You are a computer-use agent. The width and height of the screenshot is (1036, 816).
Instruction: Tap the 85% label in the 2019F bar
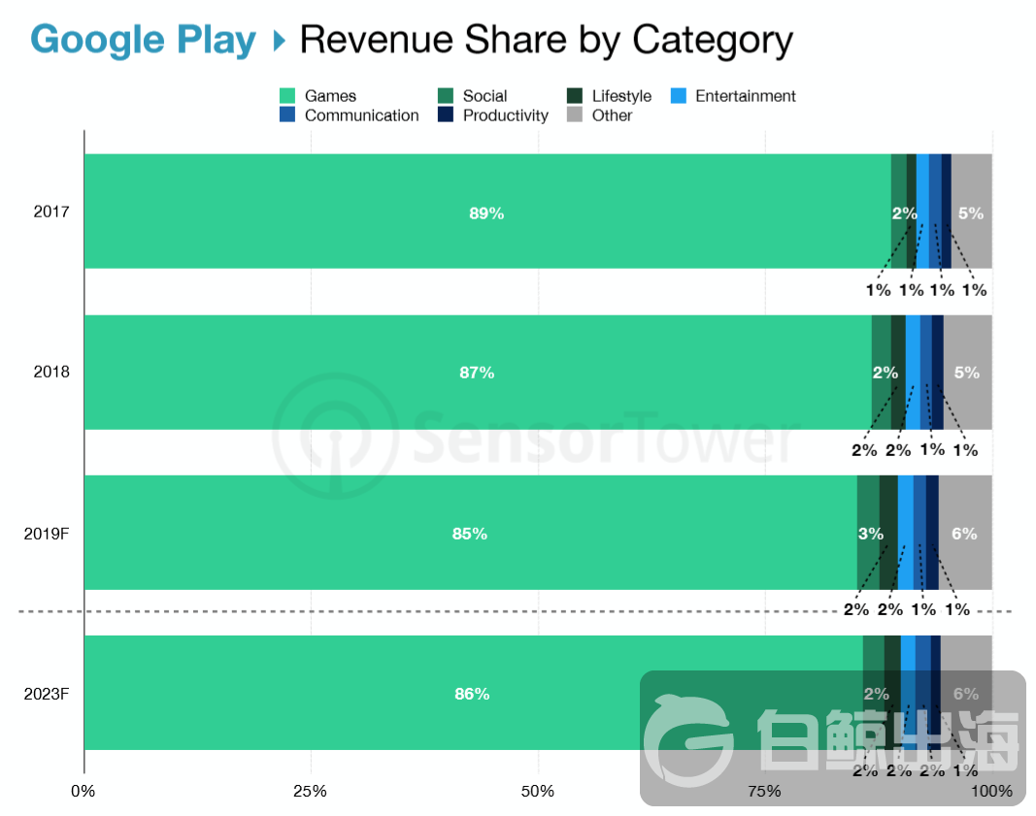coord(469,534)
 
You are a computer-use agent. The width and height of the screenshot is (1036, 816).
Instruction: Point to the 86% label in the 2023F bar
coord(472,694)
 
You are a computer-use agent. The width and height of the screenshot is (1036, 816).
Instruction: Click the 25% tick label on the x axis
coord(310,791)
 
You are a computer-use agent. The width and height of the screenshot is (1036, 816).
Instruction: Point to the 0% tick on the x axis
coord(84,791)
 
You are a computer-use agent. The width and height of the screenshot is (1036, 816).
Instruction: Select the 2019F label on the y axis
coord(46,534)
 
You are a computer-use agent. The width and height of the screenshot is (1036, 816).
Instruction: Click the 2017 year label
coord(51,212)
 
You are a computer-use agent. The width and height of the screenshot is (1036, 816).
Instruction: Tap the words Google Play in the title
coord(144,41)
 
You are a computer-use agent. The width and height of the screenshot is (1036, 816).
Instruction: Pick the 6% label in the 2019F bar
coord(964,534)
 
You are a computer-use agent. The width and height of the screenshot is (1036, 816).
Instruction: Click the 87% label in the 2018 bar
coord(477,373)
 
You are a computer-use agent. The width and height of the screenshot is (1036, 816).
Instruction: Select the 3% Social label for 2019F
coord(870,534)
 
